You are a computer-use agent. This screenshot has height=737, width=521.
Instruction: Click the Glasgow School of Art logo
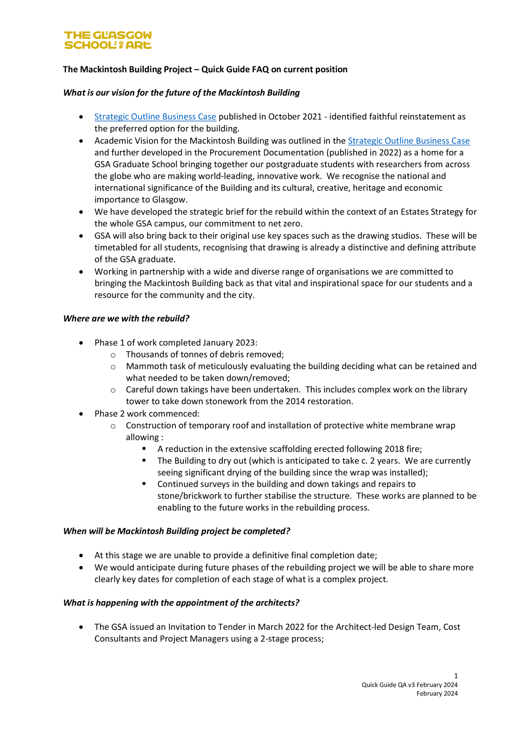coord(108,40)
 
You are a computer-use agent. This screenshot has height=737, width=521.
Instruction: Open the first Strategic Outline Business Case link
coord(155,117)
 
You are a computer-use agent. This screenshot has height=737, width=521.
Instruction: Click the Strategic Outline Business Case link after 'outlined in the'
coord(409,141)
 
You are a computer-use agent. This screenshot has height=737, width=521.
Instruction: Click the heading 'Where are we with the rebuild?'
coord(126,318)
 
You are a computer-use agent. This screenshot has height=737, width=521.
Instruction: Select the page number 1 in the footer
coord(456,676)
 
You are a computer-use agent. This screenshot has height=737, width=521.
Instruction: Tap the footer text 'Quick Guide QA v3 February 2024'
coord(409,685)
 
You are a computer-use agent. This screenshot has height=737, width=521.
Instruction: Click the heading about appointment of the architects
coord(181,603)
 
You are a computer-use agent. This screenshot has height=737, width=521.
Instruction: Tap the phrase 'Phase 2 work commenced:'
coord(147,414)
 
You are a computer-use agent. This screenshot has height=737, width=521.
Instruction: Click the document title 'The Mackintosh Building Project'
coord(127,69)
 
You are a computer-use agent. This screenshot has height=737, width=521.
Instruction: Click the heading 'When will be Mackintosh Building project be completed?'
coord(177,531)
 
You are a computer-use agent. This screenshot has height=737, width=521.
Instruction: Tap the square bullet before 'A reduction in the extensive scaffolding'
coord(144,449)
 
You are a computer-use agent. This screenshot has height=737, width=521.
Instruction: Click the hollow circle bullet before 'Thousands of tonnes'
coord(113,355)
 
